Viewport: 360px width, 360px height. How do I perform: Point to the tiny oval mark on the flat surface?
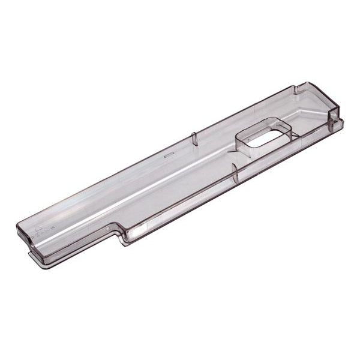click(x=169, y=154)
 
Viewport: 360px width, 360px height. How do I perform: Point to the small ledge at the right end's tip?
click(x=340, y=122)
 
